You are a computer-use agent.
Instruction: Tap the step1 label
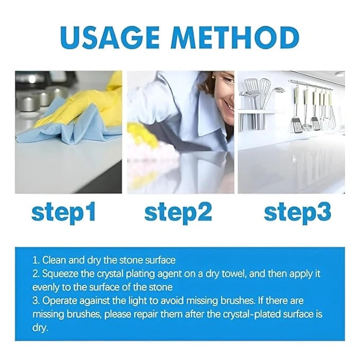coord(64,212)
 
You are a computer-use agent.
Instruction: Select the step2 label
coord(178,212)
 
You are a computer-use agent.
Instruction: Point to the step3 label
coord(297,212)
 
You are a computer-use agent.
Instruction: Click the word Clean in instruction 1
coord(54,260)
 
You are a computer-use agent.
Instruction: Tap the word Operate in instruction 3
coord(59,301)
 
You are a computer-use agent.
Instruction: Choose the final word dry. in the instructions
coord(40,328)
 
